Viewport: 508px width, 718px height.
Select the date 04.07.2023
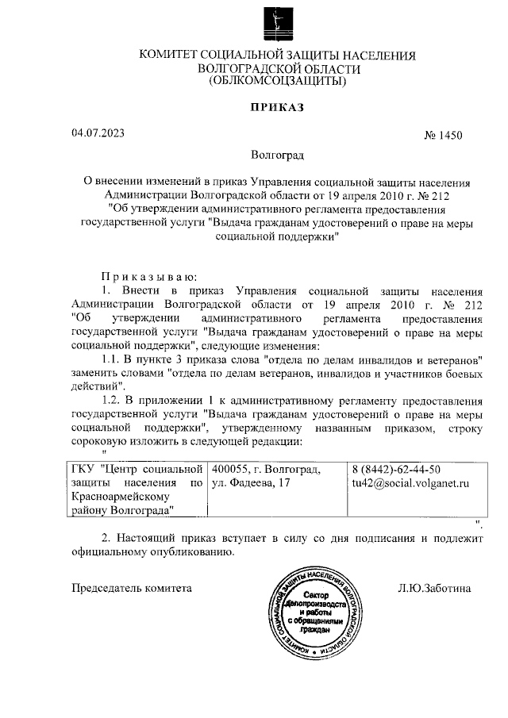[x=97, y=132]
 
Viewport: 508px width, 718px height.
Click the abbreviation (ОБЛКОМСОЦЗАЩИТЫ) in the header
[x=277, y=81]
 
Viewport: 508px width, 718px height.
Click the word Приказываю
[x=144, y=276]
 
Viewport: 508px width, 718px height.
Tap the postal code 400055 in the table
[x=231, y=469]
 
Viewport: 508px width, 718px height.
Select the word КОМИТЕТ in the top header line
[x=169, y=55]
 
